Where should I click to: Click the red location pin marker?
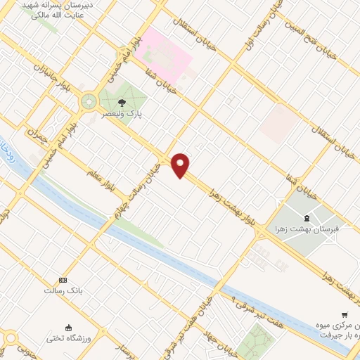[181, 165]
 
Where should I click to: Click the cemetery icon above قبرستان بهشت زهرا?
[306, 217]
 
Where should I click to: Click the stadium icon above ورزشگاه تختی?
[68, 327]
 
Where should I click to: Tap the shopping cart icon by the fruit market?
[345, 314]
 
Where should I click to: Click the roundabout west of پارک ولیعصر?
[89, 101]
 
